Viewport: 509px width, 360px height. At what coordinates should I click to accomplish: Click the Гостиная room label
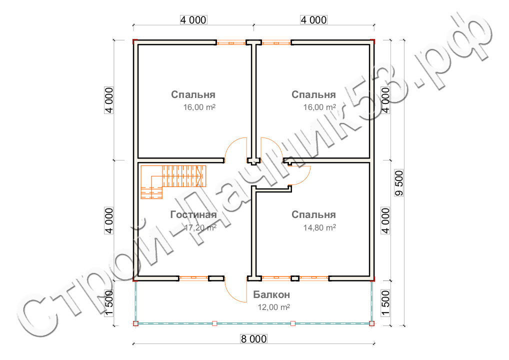click(193, 214)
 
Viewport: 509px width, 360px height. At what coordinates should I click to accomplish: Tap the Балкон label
click(271, 294)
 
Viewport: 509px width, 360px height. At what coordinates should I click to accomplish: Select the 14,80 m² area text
click(319, 227)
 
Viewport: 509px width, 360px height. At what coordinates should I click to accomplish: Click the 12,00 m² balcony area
click(273, 307)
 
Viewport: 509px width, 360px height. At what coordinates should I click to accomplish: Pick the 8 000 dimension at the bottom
click(253, 339)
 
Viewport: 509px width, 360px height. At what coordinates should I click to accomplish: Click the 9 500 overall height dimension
click(399, 183)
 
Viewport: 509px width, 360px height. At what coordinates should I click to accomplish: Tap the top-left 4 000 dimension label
click(193, 20)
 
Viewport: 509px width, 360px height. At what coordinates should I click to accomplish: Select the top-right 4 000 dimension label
click(313, 20)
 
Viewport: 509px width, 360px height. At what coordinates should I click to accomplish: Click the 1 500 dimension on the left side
click(109, 303)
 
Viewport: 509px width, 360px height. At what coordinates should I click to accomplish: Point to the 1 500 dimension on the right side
click(385, 303)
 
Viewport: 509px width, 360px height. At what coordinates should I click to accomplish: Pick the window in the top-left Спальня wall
click(231, 42)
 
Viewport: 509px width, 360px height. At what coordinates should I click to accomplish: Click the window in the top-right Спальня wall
click(276, 42)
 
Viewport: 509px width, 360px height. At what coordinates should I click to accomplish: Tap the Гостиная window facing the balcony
click(194, 278)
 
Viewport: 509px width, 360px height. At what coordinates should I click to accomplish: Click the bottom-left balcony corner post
click(135, 323)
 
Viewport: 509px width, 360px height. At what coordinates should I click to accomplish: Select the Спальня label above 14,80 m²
click(313, 214)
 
